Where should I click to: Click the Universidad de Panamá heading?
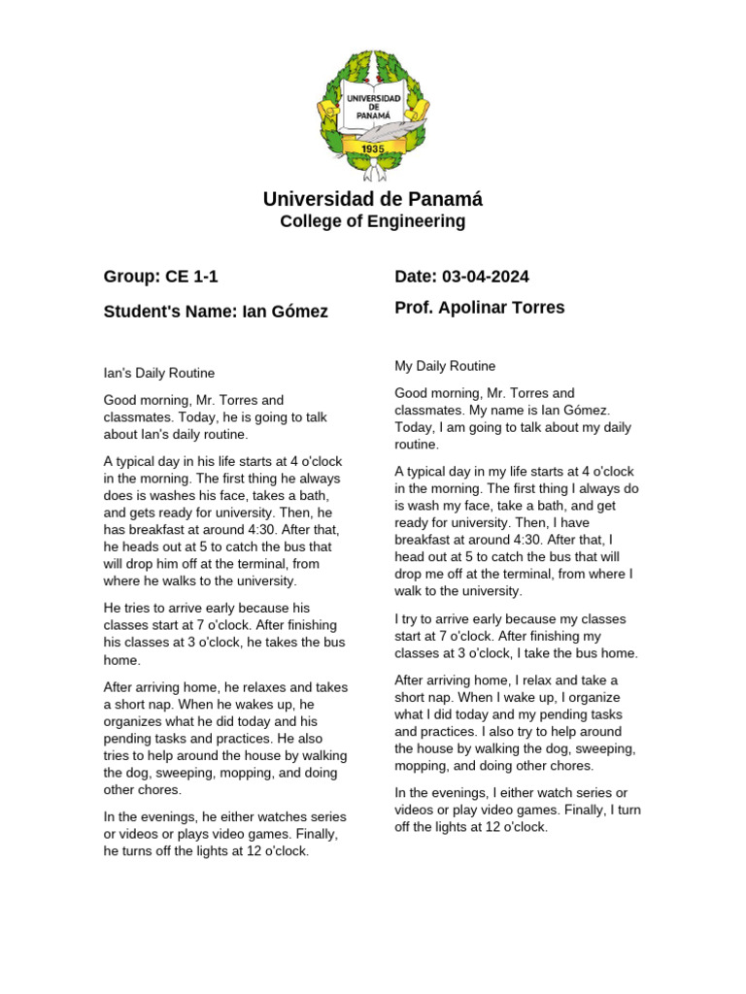coord(372,199)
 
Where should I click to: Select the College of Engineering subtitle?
coord(372,221)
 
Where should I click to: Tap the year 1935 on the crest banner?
coord(373,149)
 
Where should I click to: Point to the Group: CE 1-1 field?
coord(160,277)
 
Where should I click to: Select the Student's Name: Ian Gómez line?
coord(215,312)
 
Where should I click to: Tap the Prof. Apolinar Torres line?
coord(479,308)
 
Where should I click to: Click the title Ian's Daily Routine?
coord(158,373)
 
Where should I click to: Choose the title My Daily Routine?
coord(445,366)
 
